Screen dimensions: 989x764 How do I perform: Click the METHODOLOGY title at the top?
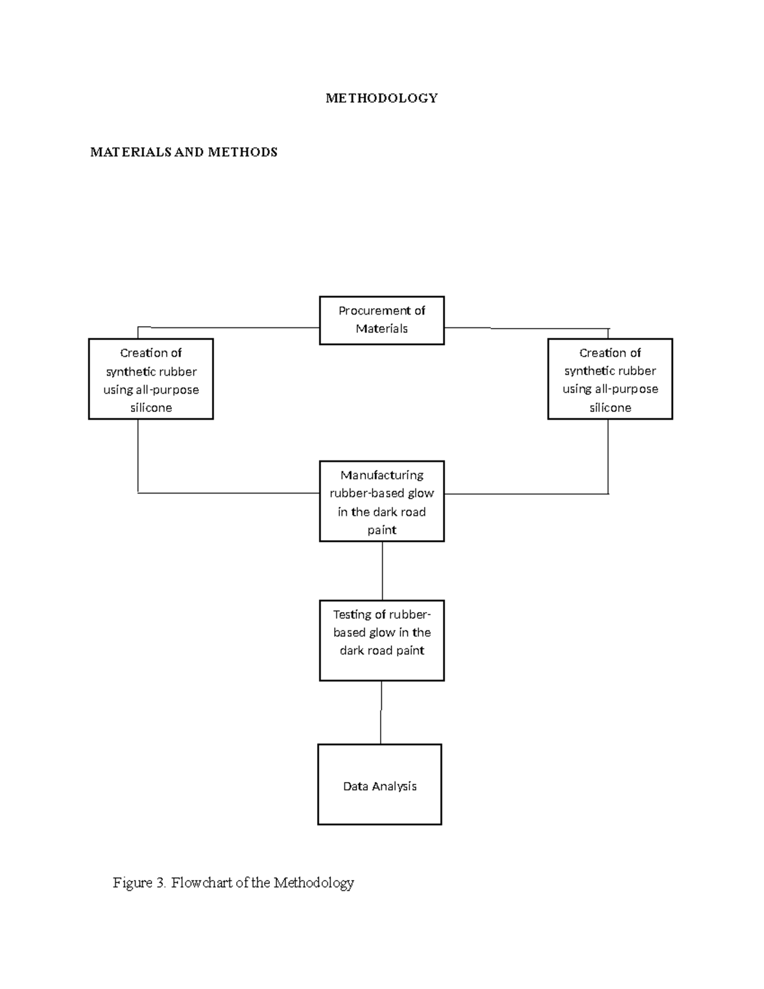(x=381, y=98)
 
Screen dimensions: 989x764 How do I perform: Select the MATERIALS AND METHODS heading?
(x=183, y=152)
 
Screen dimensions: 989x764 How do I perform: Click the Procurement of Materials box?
(x=381, y=320)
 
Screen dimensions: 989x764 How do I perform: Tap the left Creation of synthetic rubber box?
(x=151, y=380)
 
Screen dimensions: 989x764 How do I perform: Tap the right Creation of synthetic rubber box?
(x=610, y=380)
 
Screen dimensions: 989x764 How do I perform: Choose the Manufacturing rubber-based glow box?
(x=381, y=502)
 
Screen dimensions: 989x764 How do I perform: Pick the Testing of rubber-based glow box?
(x=381, y=641)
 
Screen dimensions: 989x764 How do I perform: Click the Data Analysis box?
(x=379, y=785)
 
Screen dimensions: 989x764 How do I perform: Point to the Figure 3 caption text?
(x=233, y=883)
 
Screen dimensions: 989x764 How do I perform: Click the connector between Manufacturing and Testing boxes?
(x=382, y=571)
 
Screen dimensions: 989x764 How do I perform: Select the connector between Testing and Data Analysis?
(x=381, y=712)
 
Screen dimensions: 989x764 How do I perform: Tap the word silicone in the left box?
(x=151, y=408)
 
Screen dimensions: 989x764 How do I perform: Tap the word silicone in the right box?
(x=610, y=408)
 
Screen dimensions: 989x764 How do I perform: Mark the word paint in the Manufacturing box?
(x=381, y=530)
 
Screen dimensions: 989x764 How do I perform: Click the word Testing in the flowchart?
(x=353, y=615)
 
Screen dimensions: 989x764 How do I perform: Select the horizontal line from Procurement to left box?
(x=229, y=327)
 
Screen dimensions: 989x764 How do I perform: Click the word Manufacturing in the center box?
(x=381, y=475)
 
